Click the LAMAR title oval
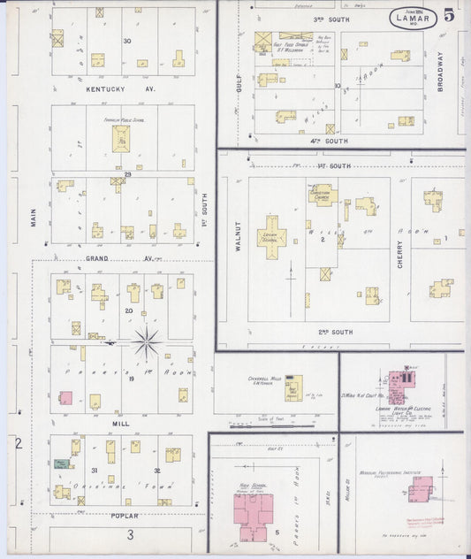(412, 18)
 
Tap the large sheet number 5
(450, 15)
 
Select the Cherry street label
(399, 254)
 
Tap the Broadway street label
(439, 74)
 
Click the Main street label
(34, 217)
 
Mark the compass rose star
(147, 341)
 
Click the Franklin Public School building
(121, 138)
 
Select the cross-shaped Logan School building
(272, 236)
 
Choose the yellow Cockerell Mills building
(293, 387)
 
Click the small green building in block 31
(60, 463)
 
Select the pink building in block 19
(65, 398)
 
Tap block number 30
(127, 41)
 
